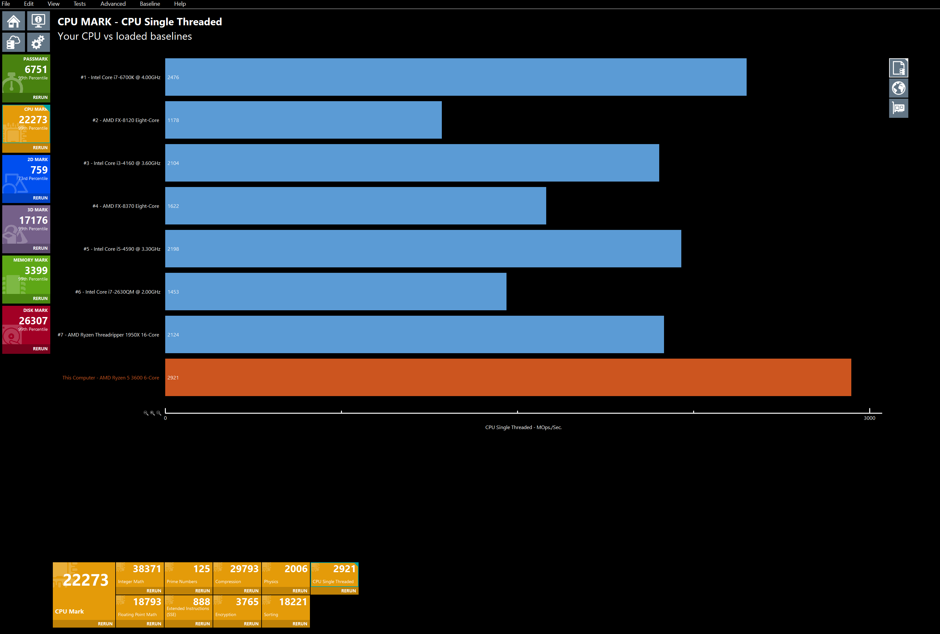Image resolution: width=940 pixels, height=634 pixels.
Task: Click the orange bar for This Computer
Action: [508, 377]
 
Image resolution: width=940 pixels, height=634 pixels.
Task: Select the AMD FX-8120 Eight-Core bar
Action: [303, 120]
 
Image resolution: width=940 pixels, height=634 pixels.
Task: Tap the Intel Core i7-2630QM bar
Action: [336, 291]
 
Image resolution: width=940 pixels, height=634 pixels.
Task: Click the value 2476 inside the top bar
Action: [173, 77]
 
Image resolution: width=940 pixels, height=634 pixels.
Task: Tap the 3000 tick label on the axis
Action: [869, 418]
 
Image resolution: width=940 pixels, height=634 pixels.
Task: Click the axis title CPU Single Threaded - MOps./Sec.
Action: [523, 427]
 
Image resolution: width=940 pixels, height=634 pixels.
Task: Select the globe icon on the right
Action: [898, 88]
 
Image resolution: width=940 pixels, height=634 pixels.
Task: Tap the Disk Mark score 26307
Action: [33, 321]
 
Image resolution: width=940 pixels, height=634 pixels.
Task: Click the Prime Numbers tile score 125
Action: [201, 569]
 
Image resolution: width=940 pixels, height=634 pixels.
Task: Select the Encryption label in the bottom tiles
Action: [226, 614]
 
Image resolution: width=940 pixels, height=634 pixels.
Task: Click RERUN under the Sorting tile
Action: [300, 624]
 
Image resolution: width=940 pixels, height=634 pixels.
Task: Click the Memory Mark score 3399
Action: [36, 271]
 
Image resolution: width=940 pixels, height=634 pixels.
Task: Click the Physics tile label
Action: [271, 582]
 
